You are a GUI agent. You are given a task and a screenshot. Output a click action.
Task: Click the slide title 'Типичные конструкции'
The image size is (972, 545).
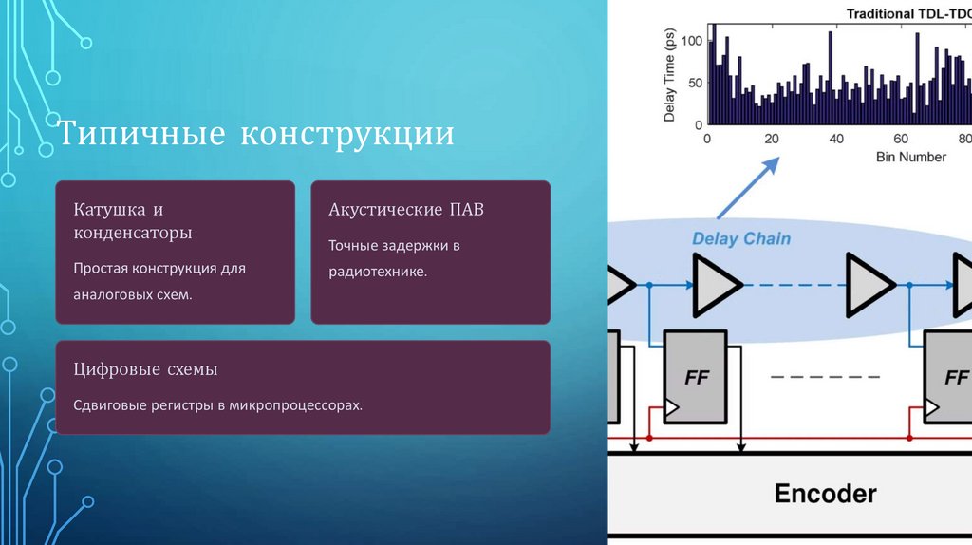pos(256,134)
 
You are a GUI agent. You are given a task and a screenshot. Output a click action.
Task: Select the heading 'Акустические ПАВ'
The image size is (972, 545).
pos(405,209)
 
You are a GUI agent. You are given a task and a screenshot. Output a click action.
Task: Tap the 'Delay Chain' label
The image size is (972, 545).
pos(740,238)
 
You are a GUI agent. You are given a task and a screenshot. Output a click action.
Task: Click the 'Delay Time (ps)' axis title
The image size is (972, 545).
pos(669,77)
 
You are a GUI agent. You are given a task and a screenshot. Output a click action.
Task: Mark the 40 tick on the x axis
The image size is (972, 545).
pos(836,139)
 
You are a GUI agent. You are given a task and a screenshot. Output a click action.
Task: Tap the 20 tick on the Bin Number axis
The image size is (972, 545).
pos(772,139)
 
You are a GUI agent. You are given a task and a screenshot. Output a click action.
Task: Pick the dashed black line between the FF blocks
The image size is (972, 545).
pos(825,377)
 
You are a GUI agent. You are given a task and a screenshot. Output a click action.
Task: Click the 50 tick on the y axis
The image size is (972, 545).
pos(694,83)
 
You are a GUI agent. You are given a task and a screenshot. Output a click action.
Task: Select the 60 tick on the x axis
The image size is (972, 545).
pos(901,139)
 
